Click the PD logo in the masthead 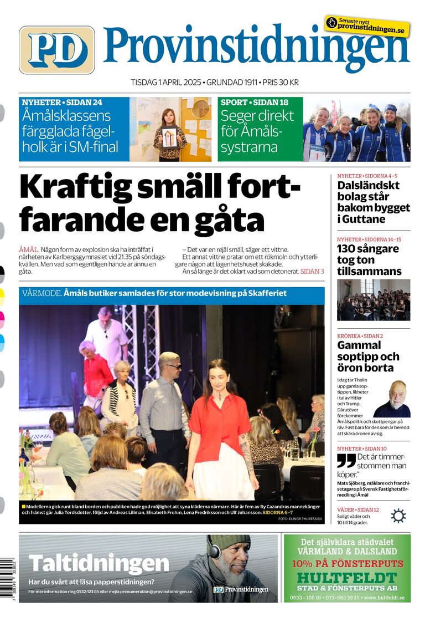(56, 50)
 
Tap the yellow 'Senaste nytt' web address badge (367, 25)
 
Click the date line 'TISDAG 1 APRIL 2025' (166, 82)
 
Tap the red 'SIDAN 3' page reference (312, 272)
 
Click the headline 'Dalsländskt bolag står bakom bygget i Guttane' (374, 202)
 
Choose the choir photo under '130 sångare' (374, 299)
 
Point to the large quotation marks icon (346, 461)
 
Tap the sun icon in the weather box (398, 516)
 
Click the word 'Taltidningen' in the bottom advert (99, 563)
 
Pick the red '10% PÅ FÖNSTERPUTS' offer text (347, 563)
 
